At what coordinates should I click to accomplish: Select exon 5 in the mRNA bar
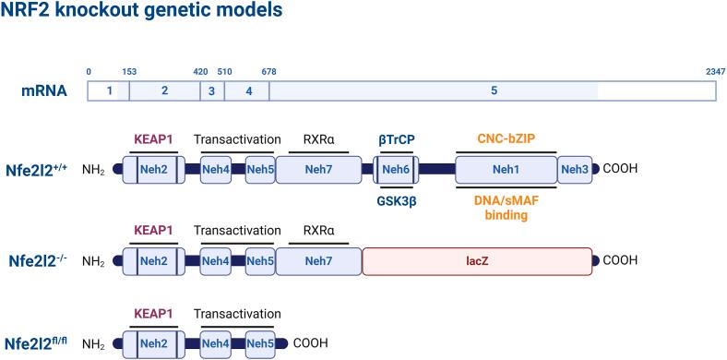(494, 90)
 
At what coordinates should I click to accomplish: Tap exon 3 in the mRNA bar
(211, 90)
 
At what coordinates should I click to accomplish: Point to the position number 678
(268, 71)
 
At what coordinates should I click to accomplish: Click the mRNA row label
(44, 90)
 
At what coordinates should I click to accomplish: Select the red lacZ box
(477, 261)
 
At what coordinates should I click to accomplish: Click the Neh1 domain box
(506, 170)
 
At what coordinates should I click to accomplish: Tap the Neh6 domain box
(396, 170)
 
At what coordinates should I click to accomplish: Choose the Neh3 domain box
(574, 170)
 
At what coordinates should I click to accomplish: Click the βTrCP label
(396, 139)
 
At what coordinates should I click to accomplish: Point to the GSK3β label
(396, 199)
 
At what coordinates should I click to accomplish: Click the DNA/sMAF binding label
(506, 208)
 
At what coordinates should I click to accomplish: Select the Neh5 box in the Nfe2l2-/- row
(259, 261)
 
